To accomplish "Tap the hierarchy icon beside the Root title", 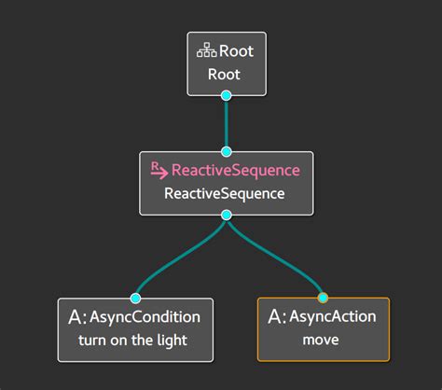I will pyautogui.click(x=205, y=51).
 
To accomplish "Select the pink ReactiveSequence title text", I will pyautogui.click(x=236, y=171).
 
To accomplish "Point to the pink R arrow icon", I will pyautogui.click(x=159, y=169).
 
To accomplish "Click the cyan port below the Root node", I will pyautogui.click(x=226, y=95).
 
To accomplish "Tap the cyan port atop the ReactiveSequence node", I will pyautogui.click(x=226, y=151).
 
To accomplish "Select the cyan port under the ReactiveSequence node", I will pyautogui.click(x=226, y=215).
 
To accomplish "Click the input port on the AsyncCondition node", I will pyautogui.click(x=135, y=299).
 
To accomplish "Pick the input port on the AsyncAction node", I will pyautogui.click(x=323, y=299).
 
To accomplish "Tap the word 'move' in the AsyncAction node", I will pyautogui.click(x=322, y=341).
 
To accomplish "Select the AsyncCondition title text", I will pyautogui.click(x=146, y=317).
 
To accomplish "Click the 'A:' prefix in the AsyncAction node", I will pyautogui.click(x=277, y=317).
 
